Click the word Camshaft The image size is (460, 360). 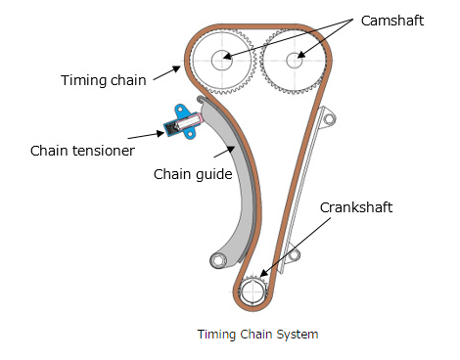391,19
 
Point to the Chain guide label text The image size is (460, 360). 192,174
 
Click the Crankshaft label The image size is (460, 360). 358,207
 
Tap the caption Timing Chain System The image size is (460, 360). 257,334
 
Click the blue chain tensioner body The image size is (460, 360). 182,122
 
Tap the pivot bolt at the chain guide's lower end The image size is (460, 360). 217,261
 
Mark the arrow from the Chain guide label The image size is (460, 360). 228,154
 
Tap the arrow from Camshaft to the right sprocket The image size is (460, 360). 323,38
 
